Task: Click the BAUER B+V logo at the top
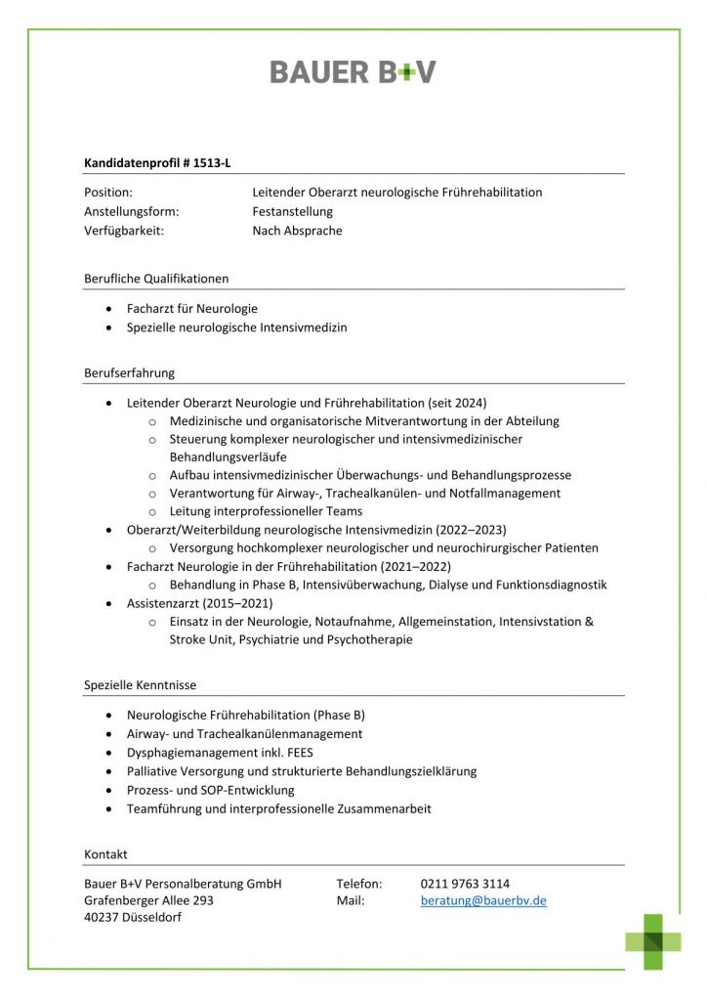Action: [x=353, y=71]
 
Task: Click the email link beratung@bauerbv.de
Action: [x=483, y=900]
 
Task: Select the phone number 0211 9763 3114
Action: [x=465, y=884]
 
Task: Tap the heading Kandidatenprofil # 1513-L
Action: [x=157, y=163]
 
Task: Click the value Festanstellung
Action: [x=292, y=211]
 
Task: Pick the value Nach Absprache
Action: [x=297, y=231]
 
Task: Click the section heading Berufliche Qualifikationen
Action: [x=156, y=279]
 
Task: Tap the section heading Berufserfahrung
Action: [x=129, y=372]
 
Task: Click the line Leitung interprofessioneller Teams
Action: [x=266, y=511]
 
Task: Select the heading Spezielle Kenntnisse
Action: [x=140, y=685]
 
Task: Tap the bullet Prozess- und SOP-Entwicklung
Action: [x=210, y=790]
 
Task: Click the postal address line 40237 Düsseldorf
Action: [x=133, y=917]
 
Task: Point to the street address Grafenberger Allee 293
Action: [x=148, y=900]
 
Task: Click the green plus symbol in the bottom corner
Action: [x=653, y=941]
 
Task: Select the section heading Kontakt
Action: [x=105, y=854]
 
